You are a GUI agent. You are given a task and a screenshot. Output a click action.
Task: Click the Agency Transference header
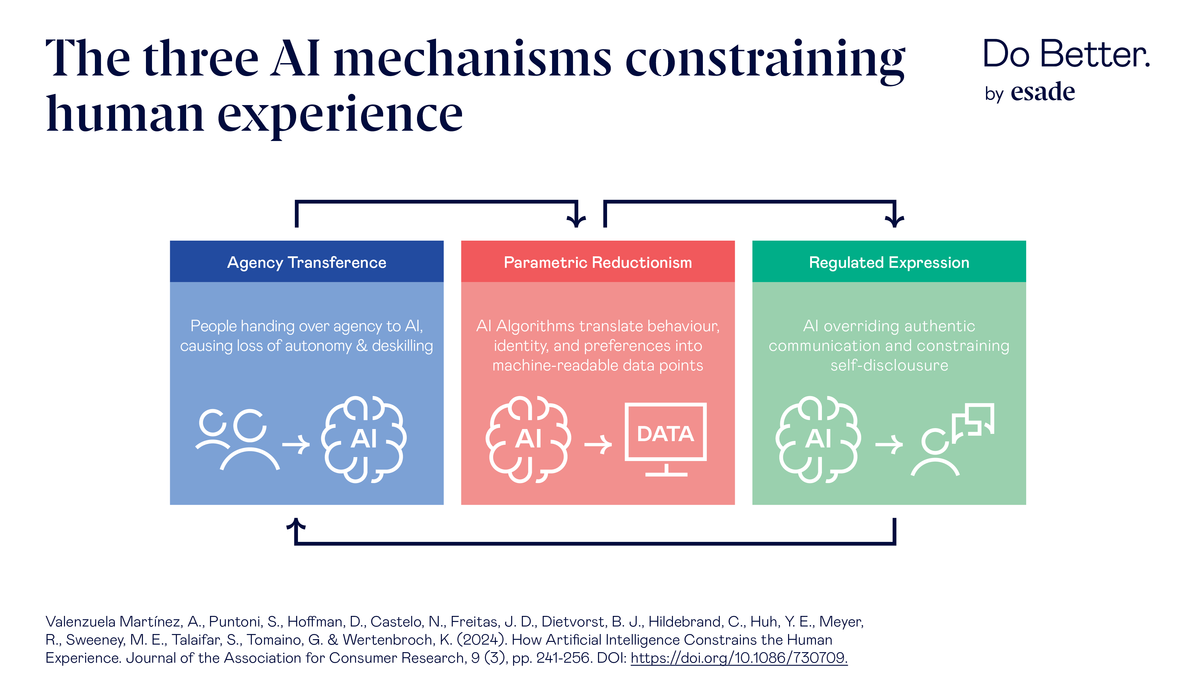tap(307, 262)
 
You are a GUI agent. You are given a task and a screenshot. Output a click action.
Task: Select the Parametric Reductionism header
tap(597, 262)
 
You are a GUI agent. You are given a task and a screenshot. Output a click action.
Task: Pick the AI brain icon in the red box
tap(528, 439)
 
